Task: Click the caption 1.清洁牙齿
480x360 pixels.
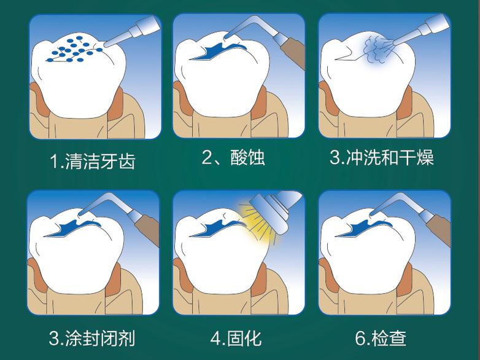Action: coord(92,162)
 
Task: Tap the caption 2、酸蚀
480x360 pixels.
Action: coord(233,157)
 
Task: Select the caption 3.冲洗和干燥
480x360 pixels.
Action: coord(382,158)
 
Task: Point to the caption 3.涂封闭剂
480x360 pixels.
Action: coord(92,338)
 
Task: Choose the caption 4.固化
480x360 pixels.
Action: coord(236,338)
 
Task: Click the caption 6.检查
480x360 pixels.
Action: coord(381,338)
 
